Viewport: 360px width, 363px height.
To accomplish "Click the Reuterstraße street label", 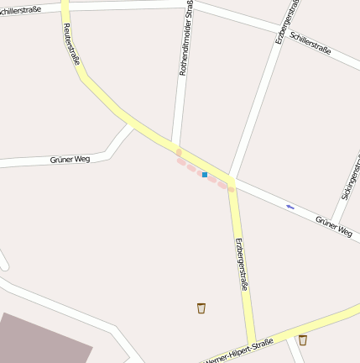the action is (70, 43).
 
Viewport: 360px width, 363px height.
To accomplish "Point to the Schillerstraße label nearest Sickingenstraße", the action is (310, 44).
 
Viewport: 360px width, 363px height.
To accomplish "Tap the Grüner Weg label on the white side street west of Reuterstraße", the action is (70, 159).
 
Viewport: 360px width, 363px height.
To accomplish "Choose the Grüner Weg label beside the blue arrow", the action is (333, 225).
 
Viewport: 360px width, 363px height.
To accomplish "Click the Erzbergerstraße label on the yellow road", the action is (241, 265).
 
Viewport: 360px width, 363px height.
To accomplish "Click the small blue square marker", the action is (204, 175).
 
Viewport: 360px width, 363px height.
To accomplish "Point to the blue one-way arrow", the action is (290, 206).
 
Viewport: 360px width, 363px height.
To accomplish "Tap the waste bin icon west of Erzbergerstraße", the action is (201, 308).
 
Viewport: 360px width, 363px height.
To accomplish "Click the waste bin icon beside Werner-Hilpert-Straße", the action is (302, 340).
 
